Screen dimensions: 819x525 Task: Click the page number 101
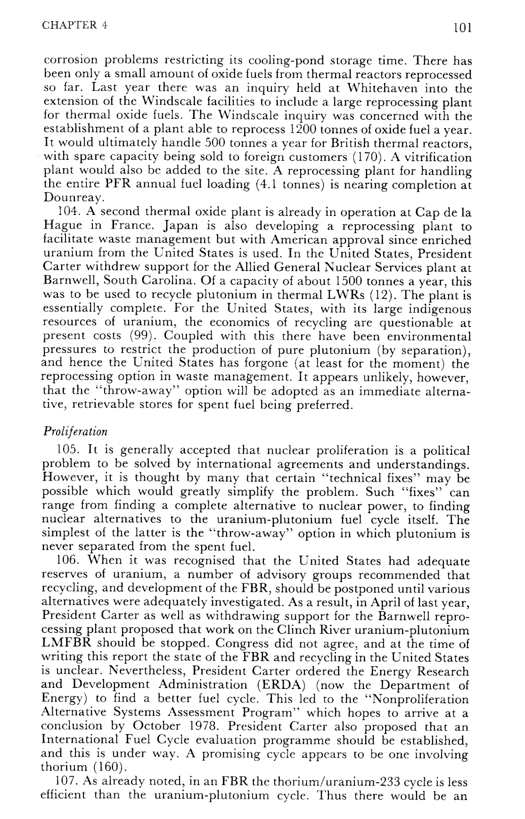click(462, 28)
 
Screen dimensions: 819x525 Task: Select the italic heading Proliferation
click(75, 431)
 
